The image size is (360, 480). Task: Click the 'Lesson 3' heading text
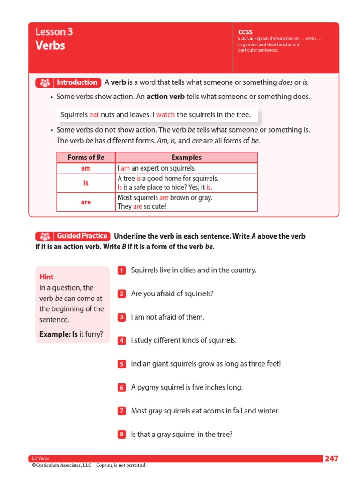[54, 32]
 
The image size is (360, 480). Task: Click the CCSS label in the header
[245, 32]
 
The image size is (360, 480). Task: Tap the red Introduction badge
[68, 82]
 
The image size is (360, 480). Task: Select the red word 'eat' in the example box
[94, 114]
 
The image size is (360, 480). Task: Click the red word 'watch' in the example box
[165, 114]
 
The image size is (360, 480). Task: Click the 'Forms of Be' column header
[86, 157]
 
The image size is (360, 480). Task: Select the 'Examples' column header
[186, 157]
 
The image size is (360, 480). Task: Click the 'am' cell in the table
[86, 168]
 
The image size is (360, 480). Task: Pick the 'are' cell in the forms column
[86, 202]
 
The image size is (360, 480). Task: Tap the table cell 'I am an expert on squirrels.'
[157, 168]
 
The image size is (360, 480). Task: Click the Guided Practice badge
[73, 236]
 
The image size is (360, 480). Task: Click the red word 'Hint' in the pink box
[46, 277]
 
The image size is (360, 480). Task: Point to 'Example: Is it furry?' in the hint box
[71, 334]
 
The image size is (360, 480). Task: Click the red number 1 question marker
[121, 270]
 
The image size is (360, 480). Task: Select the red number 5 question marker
[121, 364]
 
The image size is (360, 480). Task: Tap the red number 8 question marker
[121, 435]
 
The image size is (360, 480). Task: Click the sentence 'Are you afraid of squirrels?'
[172, 293]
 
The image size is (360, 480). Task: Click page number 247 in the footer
[331, 458]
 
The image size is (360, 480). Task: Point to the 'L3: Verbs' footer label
[40, 458]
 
